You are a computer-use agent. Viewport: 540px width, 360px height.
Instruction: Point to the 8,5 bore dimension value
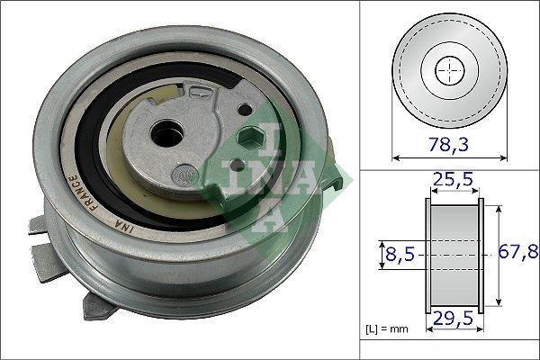[400, 255]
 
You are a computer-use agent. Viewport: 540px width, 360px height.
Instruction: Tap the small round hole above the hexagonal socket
[241, 109]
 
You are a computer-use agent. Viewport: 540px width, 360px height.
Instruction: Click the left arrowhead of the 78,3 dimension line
[397, 157]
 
